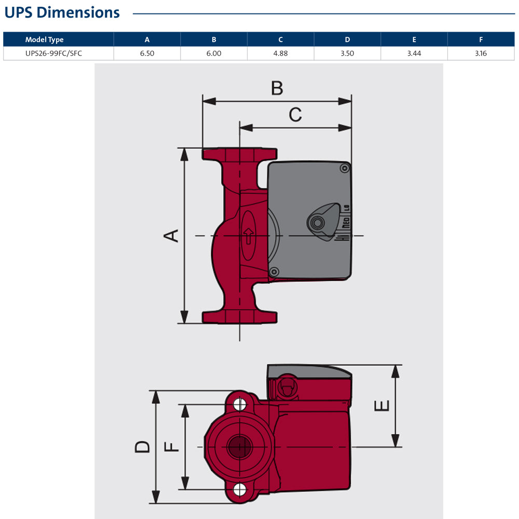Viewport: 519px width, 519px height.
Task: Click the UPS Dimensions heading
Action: point(62,12)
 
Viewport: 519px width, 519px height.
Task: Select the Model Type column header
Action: point(44,39)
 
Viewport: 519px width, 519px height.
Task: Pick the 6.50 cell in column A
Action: point(147,53)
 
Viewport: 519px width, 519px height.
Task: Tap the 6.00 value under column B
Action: point(213,53)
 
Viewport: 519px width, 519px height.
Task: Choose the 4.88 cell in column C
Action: point(280,53)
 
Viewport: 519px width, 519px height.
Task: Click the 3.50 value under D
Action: point(347,53)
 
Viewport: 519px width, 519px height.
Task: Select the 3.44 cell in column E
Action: point(414,53)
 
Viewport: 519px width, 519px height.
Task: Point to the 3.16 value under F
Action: point(481,53)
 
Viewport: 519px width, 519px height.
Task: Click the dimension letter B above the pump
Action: point(277,88)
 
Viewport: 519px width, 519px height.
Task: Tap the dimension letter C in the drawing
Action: point(295,115)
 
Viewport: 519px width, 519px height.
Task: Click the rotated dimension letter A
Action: point(172,235)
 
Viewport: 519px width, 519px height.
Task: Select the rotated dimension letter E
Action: point(382,405)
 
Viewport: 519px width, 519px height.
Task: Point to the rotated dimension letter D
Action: point(142,446)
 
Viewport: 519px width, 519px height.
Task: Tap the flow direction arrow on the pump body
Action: point(249,235)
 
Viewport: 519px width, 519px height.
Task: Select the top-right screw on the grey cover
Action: point(344,169)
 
